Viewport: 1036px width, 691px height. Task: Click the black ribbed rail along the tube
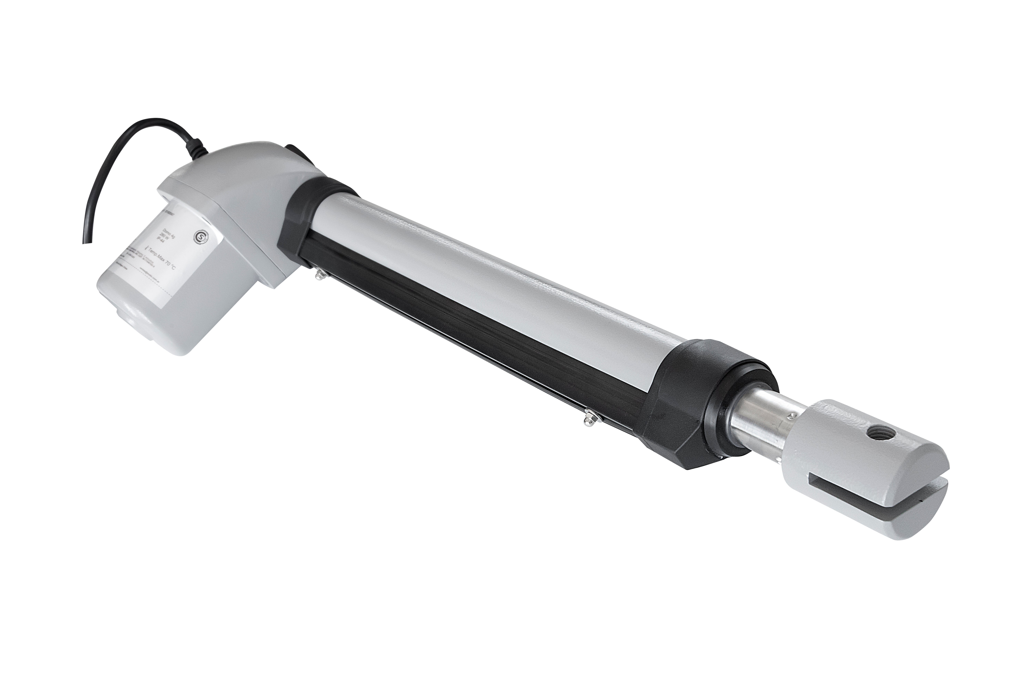click(463, 326)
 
